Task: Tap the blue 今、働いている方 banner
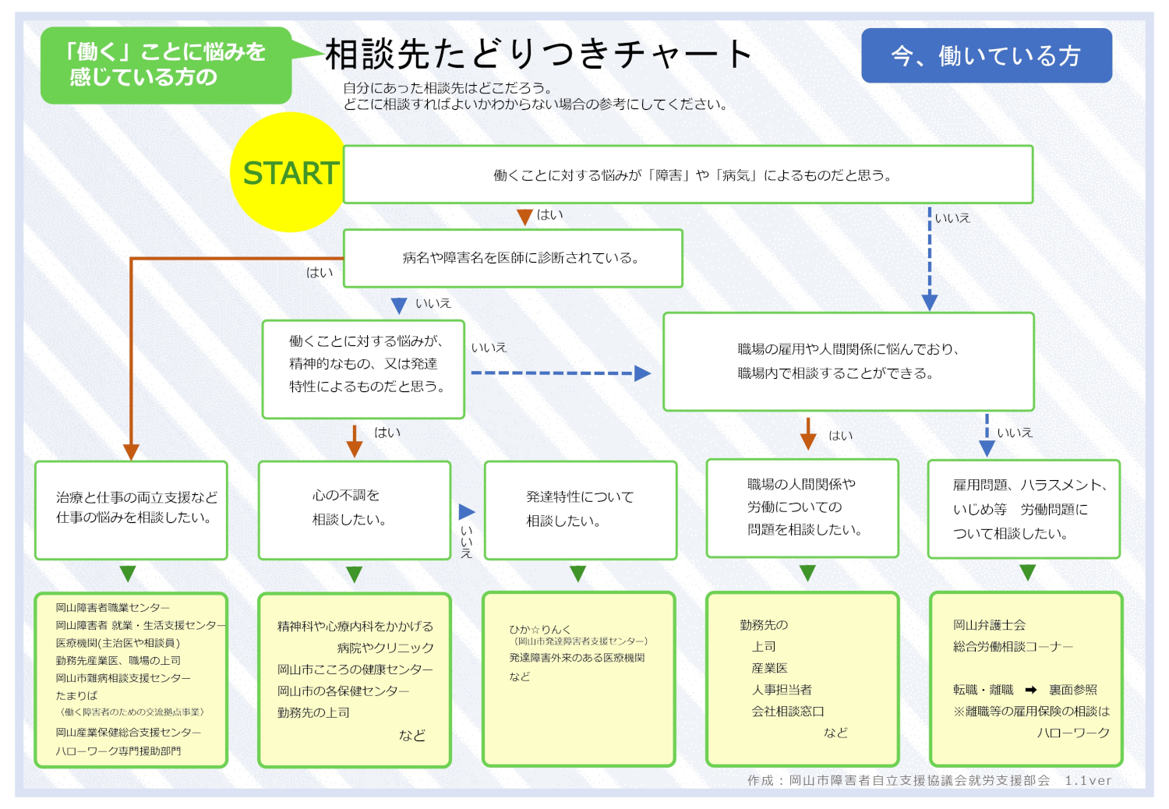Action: [x=986, y=55]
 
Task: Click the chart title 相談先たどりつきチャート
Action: [x=539, y=55]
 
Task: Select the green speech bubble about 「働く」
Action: [x=166, y=65]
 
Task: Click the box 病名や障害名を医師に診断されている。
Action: [x=513, y=258]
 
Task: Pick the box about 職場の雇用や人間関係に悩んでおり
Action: [x=848, y=362]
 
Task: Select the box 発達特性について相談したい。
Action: [x=580, y=510]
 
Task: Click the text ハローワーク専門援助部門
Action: [x=118, y=751]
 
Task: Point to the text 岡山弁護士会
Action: [x=989, y=625]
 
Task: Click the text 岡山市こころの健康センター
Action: [x=355, y=669]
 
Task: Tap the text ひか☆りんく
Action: [x=539, y=629]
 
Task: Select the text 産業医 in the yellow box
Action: [x=769, y=668]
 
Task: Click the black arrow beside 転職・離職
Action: [x=1031, y=690]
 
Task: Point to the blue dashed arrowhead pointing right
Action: [x=642, y=373]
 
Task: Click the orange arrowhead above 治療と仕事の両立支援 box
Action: [x=131, y=452]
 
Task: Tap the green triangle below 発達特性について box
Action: [x=577, y=574]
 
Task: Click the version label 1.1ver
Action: [x=1088, y=780]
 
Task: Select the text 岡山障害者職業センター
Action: [x=112, y=607]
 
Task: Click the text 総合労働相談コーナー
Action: [x=1012, y=647]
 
